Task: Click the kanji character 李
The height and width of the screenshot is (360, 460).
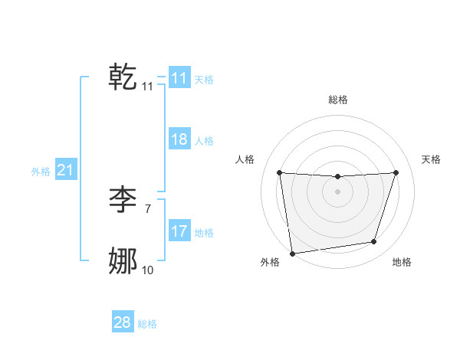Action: point(123,200)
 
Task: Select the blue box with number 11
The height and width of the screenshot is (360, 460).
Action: point(179,78)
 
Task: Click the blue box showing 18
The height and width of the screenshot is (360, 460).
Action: point(179,139)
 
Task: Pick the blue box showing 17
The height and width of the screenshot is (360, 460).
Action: point(179,231)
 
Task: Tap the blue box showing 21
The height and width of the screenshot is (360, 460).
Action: point(65,170)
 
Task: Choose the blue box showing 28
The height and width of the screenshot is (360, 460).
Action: point(123,322)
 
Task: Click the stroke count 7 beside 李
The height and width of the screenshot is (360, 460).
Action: point(148,208)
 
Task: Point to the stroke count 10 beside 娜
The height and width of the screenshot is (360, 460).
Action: point(148,270)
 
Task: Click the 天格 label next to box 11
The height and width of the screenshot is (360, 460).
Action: point(204,79)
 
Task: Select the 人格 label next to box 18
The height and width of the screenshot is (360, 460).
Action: point(204,141)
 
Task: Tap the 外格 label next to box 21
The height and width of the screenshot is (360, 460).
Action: point(41,172)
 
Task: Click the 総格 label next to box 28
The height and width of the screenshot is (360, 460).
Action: point(147,324)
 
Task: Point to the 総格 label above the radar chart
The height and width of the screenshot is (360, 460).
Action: point(338,100)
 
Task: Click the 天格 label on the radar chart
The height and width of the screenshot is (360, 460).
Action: point(432,159)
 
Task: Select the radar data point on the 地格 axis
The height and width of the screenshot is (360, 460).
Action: point(374,242)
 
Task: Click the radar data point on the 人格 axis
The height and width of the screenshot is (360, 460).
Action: point(280,173)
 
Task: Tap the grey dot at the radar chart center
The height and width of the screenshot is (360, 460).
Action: point(338,191)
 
